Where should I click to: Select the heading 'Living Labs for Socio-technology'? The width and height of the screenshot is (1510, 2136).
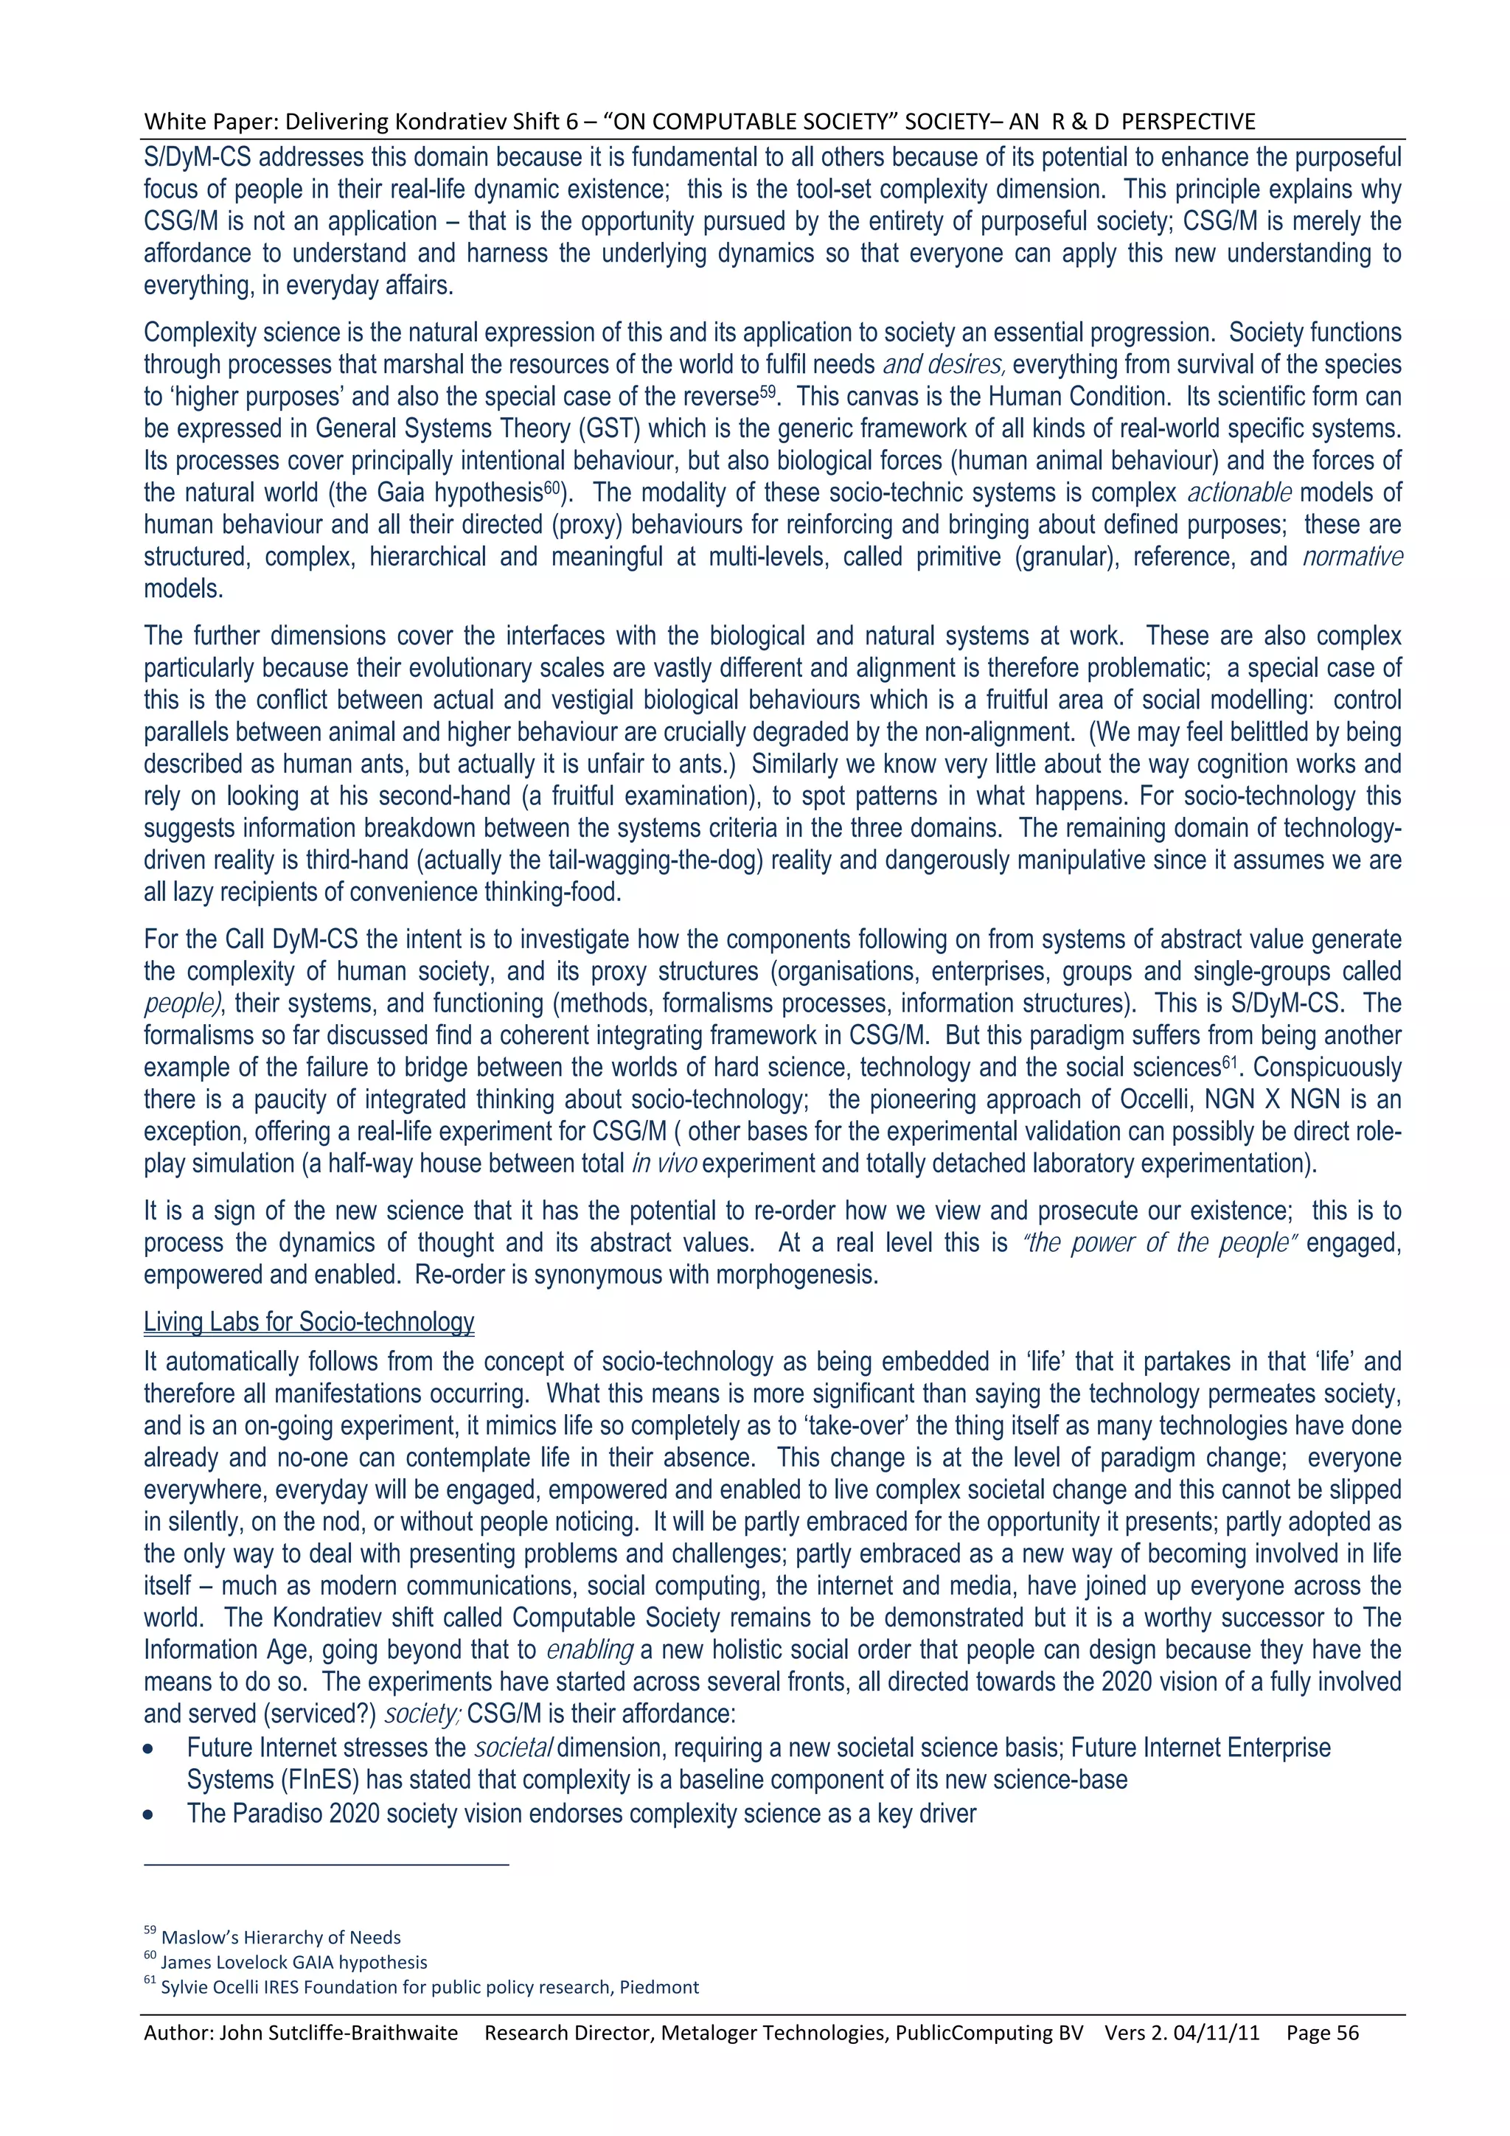[x=309, y=1322]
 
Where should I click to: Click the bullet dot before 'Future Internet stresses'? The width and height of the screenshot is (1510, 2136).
[x=149, y=1749]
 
